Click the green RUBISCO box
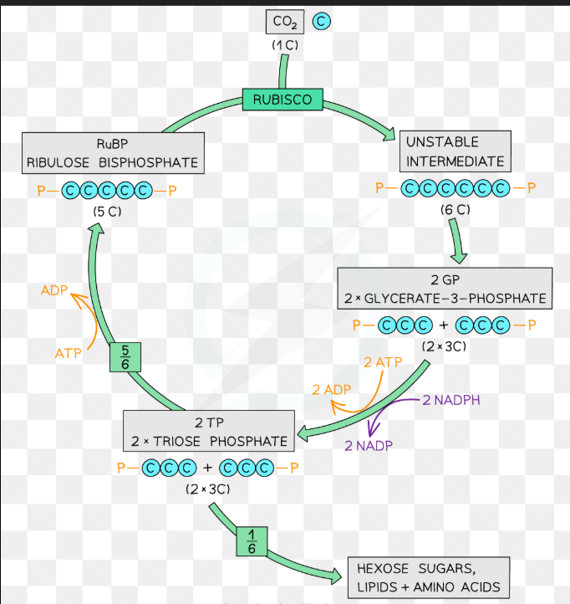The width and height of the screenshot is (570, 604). click(282, 100)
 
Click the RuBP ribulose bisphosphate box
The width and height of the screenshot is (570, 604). click(112, 153)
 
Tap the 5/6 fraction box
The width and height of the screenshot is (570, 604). click(125, 357)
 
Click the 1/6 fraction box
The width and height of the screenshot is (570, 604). click(252, 542)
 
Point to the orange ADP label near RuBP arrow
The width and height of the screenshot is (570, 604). click(54, 290)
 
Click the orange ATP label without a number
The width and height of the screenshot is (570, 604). click(69, 353)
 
